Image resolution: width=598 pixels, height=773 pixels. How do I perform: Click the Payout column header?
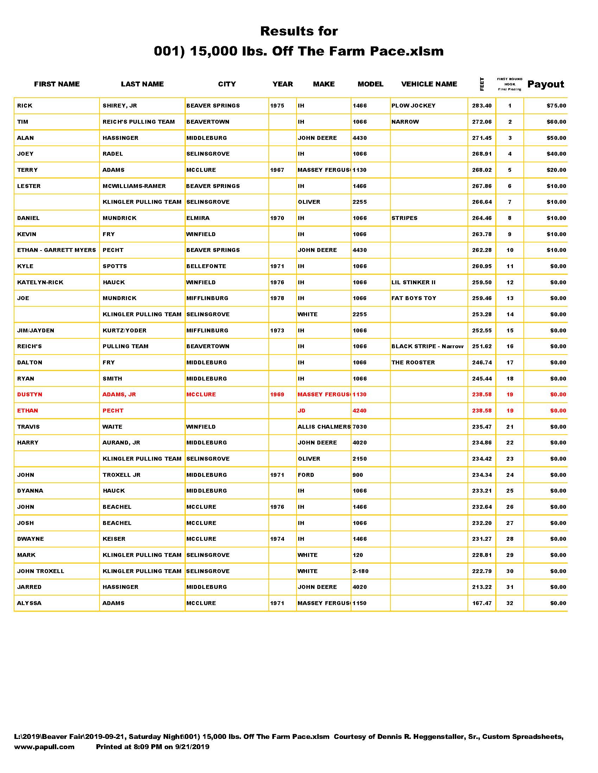click(x=546, y=84)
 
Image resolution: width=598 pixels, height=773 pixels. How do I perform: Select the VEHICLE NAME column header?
click(x=429, y=84)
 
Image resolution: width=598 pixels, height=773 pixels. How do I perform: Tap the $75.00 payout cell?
click(x=556, y=105)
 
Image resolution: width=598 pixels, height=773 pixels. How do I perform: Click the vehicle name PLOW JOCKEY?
click(x=413, y=105)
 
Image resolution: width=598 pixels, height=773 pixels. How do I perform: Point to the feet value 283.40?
click(x=482, y=105)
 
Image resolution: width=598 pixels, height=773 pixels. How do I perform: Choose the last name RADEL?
click(x=113, y=154)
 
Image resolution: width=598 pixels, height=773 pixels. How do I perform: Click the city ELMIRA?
click(x=198, y=218)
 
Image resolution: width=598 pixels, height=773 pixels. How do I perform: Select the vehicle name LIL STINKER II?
click(x=413, y=282)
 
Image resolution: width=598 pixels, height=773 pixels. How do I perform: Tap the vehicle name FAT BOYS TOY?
click(x=414, y=298)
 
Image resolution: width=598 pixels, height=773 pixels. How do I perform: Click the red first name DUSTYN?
click(x=30, y=394)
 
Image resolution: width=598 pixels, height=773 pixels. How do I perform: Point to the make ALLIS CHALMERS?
click(x=324, y=427)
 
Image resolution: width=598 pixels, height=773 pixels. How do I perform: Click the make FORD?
click(x=306, y=475)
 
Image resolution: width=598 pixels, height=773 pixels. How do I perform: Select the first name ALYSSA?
click(x=30, y=603)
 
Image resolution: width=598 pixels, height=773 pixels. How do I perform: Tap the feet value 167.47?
click(x=482, y=603)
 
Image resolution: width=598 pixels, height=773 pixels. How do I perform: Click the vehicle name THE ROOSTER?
click(x=413, y=363)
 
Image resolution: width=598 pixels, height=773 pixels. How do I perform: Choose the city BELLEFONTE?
click(x=206, y=266)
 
